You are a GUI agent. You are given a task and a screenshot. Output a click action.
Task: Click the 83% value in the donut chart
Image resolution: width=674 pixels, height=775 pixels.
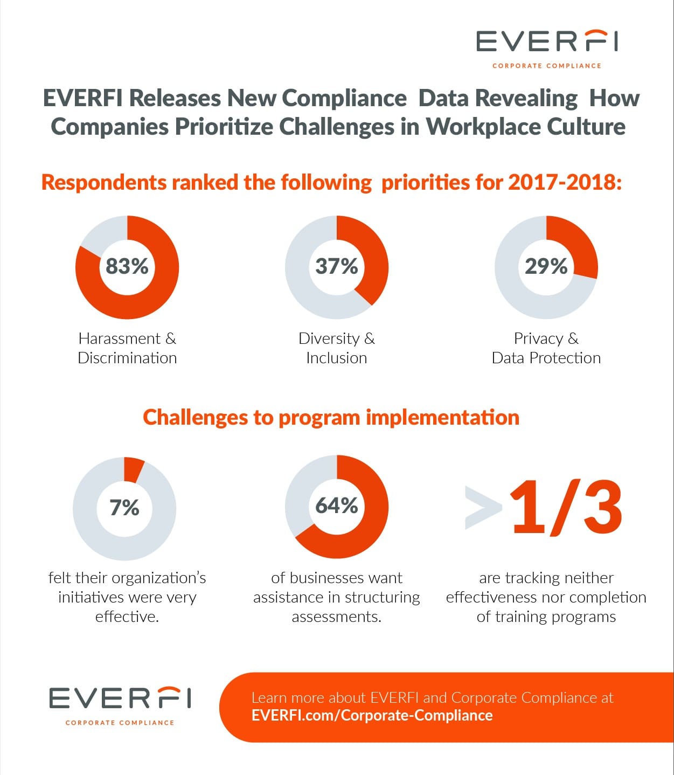(127, 266)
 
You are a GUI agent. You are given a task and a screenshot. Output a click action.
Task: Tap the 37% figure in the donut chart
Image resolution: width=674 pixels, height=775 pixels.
(337, 266)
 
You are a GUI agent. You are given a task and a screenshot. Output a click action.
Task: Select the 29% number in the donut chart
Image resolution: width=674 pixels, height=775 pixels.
(546, 266)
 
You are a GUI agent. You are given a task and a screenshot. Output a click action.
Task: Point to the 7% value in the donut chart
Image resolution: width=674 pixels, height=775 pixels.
(124, 507)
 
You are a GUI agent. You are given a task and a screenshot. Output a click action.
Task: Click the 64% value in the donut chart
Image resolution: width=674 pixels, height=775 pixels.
(337, 506)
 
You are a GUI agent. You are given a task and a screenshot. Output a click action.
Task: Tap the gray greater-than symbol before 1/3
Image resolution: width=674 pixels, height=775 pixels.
(483, 508)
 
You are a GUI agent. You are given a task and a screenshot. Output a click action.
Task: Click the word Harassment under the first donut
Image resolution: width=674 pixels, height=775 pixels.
(119, 338)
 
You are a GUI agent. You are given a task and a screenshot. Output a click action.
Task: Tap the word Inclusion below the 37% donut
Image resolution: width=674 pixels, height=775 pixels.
(337, 358)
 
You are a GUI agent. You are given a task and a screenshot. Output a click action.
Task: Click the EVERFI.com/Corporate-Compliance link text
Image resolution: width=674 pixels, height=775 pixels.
(372, 716)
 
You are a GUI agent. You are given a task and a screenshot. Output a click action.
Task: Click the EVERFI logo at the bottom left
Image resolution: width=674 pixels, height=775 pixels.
(120, 706)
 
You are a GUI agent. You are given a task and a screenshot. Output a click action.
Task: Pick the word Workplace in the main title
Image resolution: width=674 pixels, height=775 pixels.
(483, 127)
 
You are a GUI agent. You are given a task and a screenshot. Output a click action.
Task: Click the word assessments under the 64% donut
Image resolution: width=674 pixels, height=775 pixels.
(337, 617)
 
